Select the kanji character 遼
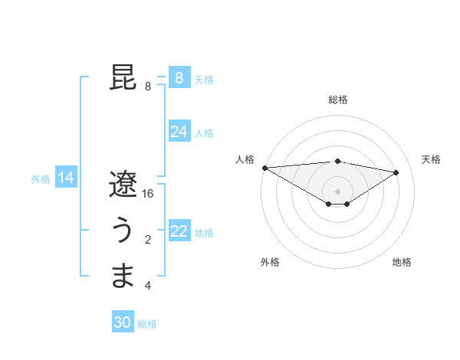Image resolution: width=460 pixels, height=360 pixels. coord(123,185)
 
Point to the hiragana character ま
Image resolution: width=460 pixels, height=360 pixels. coord(123,277)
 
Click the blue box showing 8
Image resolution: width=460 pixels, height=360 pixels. coord(179,78)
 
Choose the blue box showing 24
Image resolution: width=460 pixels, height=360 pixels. coord(179,132)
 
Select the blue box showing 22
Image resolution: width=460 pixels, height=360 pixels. coord(179,231)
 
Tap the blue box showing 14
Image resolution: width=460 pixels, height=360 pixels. coord(66,178)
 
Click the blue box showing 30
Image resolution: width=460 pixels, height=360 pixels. coord(122,322)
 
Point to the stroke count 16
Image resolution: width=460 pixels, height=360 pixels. coord(148,195)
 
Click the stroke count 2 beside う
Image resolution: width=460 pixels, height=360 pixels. coord(148,241)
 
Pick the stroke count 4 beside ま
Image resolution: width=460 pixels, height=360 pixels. coord(148,286)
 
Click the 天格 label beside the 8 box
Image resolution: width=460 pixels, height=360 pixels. coord(204,80)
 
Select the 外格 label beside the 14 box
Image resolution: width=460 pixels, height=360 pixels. coord(41,179)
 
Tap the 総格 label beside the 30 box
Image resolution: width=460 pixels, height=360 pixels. coord(147,324)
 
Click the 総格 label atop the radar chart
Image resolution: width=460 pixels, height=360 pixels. coord(338,100)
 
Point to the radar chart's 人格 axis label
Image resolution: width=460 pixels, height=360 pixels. coord(245,159)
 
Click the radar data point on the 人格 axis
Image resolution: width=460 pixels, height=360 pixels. coord(264,168)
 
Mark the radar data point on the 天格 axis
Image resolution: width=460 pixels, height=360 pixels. coord(396,172)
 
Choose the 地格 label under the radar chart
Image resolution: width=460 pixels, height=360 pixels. coord(402,262)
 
